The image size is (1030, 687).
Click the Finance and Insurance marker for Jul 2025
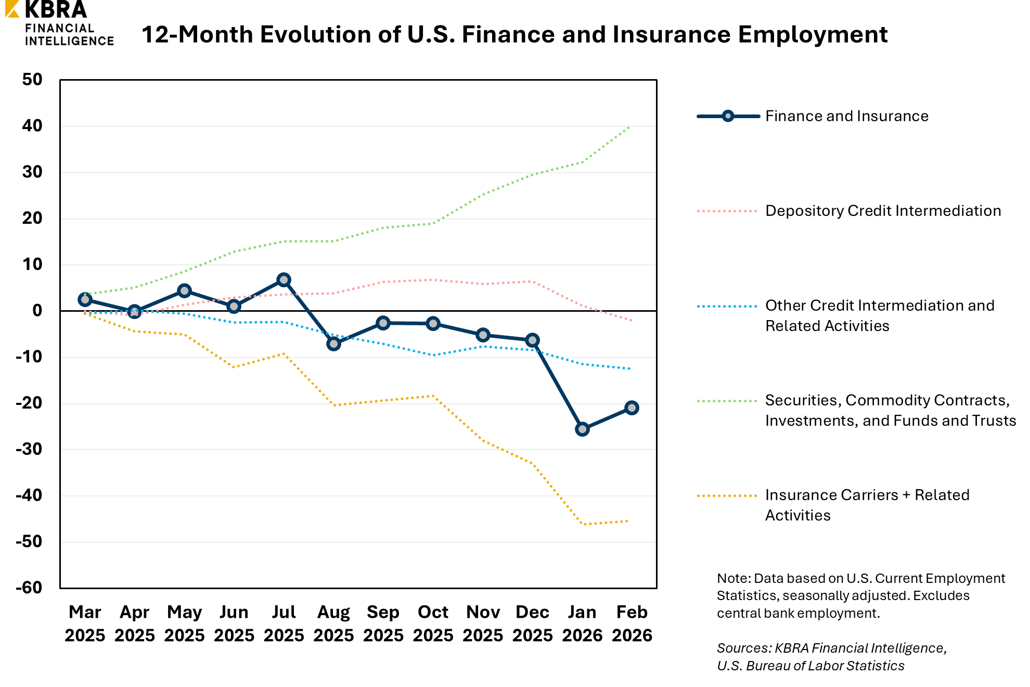(x=284, y=280)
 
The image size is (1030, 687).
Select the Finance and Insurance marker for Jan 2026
(x=582, y=429)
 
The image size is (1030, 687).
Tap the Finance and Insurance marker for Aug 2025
(x=333, y=344)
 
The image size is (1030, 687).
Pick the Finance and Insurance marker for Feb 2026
(x=632, y=408)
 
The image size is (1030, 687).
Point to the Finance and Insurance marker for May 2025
(x=184, y=291)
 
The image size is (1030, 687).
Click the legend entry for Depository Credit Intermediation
(x=883, y=211)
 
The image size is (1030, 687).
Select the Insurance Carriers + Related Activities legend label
(x=867, y=505)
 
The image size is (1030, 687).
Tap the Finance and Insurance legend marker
(x=728, y=116)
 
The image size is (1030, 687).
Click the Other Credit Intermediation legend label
(x=880, y=315)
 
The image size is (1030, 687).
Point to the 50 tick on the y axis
(x=32, y=80)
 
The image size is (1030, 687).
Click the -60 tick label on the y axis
(x=29, y=588)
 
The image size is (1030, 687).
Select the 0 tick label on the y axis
(x=37, y=310)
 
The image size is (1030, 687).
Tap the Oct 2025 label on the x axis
(x=433, y=624)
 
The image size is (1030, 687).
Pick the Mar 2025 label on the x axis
(x=85, y=624)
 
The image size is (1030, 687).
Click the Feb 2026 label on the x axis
(x=632, y=624)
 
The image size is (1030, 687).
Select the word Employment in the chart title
(x=813, y=35)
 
